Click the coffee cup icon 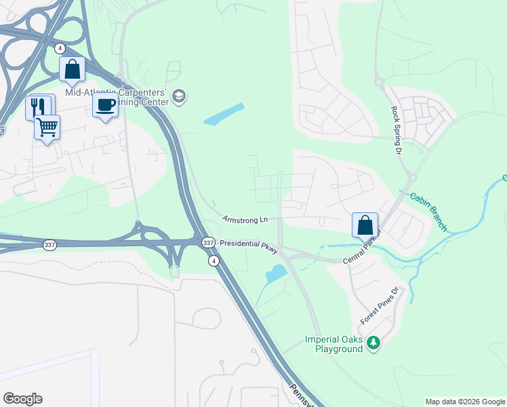(104, 106)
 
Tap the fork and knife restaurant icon (38, 106)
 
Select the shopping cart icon (47, 126)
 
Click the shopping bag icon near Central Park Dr (365, 224)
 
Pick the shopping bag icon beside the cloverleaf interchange (72, 69)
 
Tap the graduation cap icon (180, 96)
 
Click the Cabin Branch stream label (428, 210)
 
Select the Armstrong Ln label (245, 219)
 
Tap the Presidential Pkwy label (249, 246)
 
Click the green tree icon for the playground (373, 344)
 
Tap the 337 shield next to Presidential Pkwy (208, 242)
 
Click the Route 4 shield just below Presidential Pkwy (214, 260)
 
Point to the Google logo (22, 399)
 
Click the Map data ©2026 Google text (465, 402)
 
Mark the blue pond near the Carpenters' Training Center (224, 114)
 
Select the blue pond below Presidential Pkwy (277, 273)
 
